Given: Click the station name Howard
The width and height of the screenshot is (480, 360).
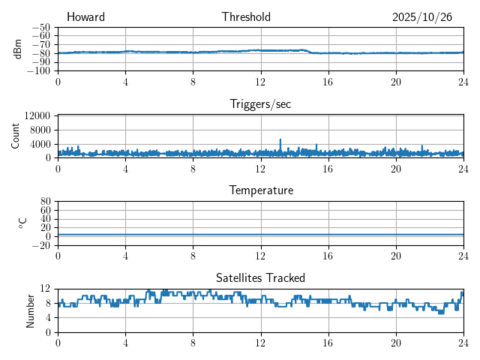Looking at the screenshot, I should [85, 17].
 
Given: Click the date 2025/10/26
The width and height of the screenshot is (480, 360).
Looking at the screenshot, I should [421, 17].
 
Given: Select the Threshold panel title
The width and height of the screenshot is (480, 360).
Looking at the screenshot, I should [246, 17].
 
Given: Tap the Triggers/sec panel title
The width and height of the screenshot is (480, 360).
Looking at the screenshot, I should [260, 104].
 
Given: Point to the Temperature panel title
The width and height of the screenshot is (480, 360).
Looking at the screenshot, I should [260, 190].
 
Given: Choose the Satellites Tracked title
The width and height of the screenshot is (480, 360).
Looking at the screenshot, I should [260, 277].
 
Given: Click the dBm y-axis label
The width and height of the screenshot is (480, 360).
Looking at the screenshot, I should [18, 49].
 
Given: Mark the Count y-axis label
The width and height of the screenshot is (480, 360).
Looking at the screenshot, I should [15, 136].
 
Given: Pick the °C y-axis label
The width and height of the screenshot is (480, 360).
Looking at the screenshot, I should [22, 223].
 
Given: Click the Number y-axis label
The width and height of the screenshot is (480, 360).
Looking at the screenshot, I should [30, 310].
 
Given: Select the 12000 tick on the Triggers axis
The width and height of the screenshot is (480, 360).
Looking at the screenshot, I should [37, 116].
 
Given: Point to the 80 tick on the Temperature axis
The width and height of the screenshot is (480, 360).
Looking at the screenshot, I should [45, 202].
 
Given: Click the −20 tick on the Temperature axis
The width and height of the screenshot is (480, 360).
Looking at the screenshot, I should [40, 245].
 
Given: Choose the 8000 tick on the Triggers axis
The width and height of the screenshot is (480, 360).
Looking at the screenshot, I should [39, 130].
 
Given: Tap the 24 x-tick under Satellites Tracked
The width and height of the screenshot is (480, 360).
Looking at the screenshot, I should [463, 341].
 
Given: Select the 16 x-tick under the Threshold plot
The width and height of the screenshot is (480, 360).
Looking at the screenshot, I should [328, 81].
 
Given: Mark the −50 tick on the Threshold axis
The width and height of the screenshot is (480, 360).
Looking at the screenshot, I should [40, 27].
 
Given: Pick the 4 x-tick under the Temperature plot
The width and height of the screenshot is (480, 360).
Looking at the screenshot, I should [125, 255].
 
